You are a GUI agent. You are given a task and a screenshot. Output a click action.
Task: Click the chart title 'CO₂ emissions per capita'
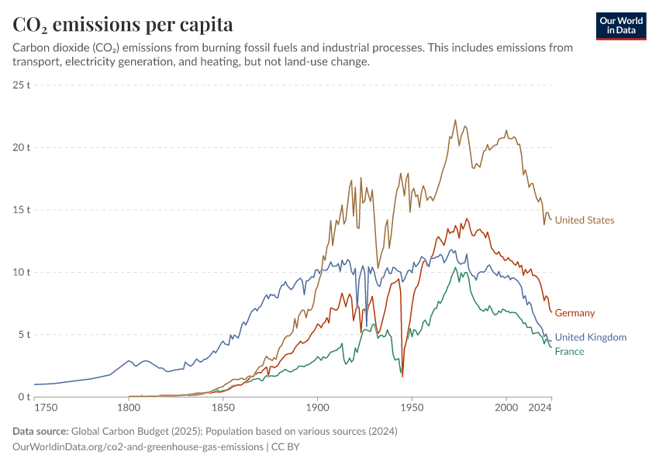tap(122, 25)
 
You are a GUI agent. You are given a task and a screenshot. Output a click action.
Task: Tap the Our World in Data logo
tap(621, 26)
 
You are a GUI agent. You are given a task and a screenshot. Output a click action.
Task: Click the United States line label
tap(585, 221)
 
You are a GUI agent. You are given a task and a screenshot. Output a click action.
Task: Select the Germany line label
tap(574, 313)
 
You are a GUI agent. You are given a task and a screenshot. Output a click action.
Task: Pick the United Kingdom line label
tap(591, 337)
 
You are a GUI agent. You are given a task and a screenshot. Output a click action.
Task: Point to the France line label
tap(570, 352)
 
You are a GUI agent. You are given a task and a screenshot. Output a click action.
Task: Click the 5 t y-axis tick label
tap(22, 335)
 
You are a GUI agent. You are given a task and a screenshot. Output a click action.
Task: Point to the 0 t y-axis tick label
tap(22, 397)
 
